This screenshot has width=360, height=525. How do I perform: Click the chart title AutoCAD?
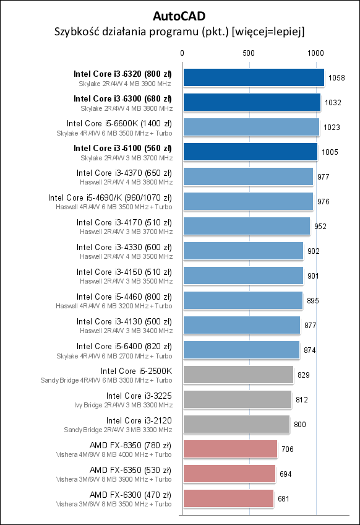click(x=179, y=15)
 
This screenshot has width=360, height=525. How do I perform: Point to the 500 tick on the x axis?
click(x=249, y=53)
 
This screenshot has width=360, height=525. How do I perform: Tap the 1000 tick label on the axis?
click(x=315, y=53)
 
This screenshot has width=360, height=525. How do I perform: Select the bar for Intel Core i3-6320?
click(x=254, y=77)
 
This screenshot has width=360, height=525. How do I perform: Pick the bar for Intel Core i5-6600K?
click(x=251, y=127)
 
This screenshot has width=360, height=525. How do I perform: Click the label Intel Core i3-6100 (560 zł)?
click(x=122, y=148)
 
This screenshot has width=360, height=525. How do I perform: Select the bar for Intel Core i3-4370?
click(x=248, y=176)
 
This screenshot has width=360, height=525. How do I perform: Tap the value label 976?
click(x=324, y=202)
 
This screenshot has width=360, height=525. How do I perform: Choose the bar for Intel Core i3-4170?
click(x=246, y=226)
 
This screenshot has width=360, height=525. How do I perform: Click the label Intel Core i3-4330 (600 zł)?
click(x=124, y=247)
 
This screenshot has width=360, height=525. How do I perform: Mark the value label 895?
click(x=312, y=301)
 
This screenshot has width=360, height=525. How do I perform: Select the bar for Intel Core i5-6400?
click(x=241, y=350)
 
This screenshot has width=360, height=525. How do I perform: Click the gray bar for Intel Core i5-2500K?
click(x=238, y=375)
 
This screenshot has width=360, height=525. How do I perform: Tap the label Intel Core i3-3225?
click(x=139, y=396)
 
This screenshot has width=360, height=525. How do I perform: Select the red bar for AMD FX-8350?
click(x=230, y=449)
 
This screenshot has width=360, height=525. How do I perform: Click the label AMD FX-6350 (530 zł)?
click(x=131, y=470)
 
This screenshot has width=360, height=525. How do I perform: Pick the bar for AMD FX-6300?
click(x=228, y=498)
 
